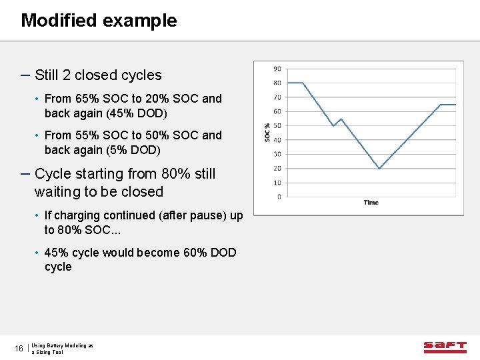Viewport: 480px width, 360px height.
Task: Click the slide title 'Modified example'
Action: point(99,21)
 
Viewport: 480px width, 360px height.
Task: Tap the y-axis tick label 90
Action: point(277,68)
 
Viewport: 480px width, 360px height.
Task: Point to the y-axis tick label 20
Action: point(277,168)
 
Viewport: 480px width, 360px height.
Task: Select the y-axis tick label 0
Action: point(279,197)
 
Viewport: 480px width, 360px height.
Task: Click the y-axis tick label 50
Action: point(277,125)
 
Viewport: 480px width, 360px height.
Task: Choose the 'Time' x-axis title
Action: point(371,203)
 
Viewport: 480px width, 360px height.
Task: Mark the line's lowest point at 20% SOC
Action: point(379,168)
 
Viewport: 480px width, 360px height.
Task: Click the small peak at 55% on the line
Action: point(341,119)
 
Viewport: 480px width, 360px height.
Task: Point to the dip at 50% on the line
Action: point(333,125)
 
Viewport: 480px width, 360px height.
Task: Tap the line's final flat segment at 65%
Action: point(448,105)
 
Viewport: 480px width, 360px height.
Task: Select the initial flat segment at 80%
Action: point(294,83)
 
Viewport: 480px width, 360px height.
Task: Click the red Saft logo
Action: point(445,347)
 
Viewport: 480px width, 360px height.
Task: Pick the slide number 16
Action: point(19,349)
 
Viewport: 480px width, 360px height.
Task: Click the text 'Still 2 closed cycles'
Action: point(98,75)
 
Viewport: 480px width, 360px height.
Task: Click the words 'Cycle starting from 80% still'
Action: point(125,174)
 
